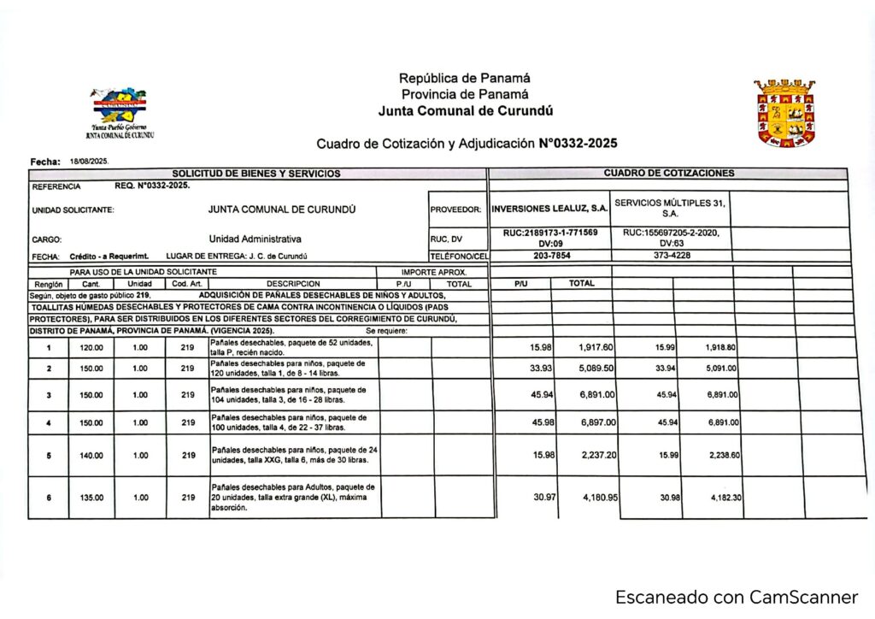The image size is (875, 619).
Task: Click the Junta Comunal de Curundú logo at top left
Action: pos(120,110)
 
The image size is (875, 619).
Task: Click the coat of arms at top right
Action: pos(784,114)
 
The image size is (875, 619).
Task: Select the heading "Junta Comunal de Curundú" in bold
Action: pos(466,111)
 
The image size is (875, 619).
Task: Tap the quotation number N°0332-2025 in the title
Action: pos(578,144)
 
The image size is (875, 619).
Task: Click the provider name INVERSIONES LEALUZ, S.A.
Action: pos(550,209)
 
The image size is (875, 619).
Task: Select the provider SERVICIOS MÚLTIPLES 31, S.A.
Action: pos(670,208)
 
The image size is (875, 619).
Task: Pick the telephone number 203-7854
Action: pos(551,256)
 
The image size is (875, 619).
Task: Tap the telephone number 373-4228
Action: pos(672,256)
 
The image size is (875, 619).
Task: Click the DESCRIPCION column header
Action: pos(292,284)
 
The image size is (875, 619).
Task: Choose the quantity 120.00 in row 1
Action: pos(91,348)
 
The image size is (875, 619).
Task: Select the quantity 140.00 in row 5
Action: pos(91,456)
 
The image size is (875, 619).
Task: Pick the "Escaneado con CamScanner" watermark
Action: pos(736,597)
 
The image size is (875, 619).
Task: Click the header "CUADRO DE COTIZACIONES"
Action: pos(668,173)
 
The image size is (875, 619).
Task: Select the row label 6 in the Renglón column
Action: pos(49,498)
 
